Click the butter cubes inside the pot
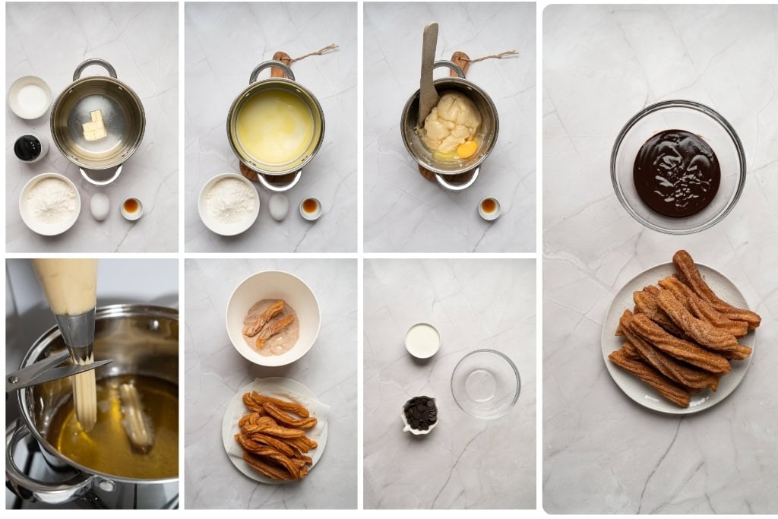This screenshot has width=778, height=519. (93, 126)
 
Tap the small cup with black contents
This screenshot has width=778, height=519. (29, 147)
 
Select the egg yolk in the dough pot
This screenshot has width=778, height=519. (466, 148)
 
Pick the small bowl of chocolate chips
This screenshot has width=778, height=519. (420, 413)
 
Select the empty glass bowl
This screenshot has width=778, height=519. (485, 384)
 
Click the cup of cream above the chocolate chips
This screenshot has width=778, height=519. (422, 340)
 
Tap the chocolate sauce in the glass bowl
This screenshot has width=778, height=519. (676, 172)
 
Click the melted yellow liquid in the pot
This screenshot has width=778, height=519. (275, 125)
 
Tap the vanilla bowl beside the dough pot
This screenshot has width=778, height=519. (489, 207)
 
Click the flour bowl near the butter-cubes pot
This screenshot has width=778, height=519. (50, 203)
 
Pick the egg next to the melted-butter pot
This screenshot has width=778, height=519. (279, 206)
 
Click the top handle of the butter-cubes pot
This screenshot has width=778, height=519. (95, 68)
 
